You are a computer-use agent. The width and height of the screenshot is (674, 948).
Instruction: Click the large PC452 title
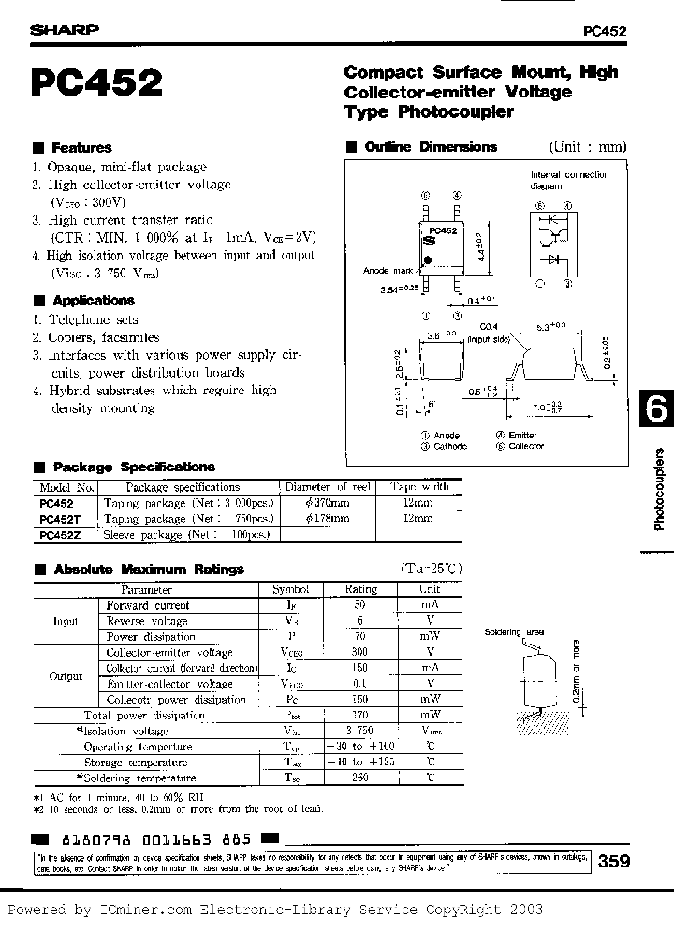(x=97, y=84)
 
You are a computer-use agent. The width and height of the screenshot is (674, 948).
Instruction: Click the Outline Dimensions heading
(x=430, y=147)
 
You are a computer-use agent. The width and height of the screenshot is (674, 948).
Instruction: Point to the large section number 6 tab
(x=656, y=409)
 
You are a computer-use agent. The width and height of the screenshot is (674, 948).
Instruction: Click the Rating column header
(x=360, y=589)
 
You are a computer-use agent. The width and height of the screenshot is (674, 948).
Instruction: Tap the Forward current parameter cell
(x=148, y=605)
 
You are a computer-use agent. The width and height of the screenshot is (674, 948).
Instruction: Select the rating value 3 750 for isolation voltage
(x=360, y=731)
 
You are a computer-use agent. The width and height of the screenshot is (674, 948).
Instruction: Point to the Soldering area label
(x=513, y=632)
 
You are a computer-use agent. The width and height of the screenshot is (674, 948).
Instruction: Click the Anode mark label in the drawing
(x=387, y=271)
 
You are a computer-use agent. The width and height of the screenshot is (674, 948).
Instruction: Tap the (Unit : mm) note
(x=587, y=147)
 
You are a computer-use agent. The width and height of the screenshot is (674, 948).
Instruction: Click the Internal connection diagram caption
(x=570, y=180)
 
